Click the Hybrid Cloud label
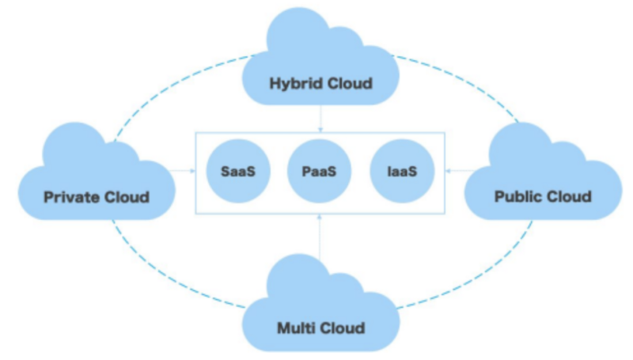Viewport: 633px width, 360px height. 320,83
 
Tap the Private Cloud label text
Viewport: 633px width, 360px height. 97,196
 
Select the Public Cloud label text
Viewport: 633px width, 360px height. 543,196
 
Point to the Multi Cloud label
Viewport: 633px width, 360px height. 320,328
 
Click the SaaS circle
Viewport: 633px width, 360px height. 234,171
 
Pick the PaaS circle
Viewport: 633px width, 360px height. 320,171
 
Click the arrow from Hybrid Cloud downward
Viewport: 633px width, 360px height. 320,119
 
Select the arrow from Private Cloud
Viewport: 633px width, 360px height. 184,171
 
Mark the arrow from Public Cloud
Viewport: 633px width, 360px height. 455,171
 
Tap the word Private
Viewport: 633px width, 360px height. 70,196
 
